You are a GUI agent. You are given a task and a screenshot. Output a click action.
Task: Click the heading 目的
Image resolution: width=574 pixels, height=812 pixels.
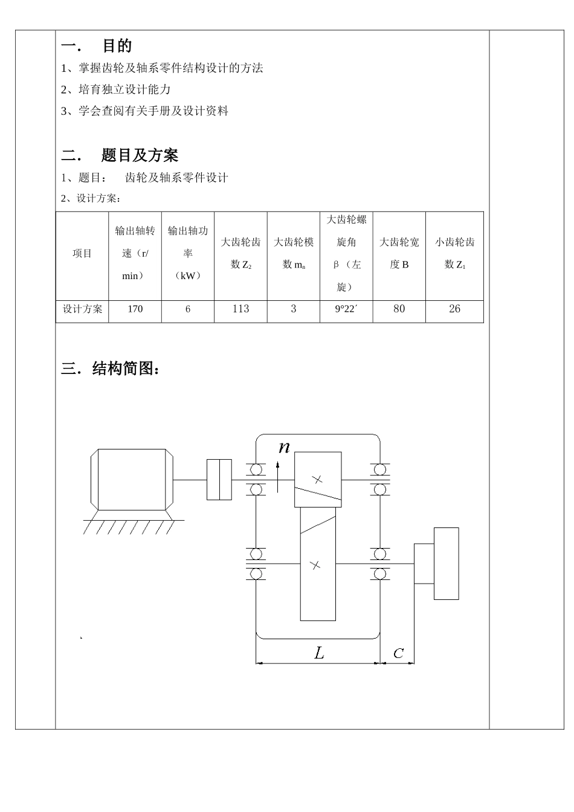click(117, 46)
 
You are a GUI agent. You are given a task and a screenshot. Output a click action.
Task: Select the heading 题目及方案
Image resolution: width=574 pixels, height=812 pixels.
click(140, 155)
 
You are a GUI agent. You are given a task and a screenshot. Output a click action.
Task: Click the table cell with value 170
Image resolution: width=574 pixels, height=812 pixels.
click(135, 309)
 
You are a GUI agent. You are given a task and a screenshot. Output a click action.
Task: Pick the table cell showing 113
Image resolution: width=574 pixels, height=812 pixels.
click(240, 309)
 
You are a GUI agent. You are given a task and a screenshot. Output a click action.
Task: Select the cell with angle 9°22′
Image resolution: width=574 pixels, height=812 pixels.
click(346, 309)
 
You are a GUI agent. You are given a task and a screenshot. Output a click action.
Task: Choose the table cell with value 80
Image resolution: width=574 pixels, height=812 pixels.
click(399, 309)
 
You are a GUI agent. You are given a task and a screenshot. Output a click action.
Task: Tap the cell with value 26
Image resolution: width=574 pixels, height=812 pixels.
click(454, 309)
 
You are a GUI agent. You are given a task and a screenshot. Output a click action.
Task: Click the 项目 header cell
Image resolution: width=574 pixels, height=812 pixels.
click(82, 254)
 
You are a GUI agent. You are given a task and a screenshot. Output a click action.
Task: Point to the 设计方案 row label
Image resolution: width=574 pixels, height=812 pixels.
click(83, 309)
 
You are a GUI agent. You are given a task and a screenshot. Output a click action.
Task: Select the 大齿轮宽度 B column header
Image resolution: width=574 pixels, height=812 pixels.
click(399, 253)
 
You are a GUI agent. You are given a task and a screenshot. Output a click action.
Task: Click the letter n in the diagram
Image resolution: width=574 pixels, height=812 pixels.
click(284, 448)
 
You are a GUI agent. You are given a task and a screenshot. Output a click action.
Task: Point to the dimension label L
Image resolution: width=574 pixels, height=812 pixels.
click(319, 652)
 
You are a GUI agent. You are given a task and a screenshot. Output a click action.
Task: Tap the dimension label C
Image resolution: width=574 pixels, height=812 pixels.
click(398, 654)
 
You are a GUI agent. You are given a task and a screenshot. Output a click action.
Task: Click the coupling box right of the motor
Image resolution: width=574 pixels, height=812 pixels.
click(219, 480)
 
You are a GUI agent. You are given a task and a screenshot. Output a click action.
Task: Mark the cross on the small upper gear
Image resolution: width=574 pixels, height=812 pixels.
click(318, 480)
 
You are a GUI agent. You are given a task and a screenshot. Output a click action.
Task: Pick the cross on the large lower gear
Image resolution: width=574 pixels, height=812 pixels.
click(315, 565)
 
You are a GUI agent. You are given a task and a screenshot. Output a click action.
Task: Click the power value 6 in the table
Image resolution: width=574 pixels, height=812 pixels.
click(188, 309)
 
